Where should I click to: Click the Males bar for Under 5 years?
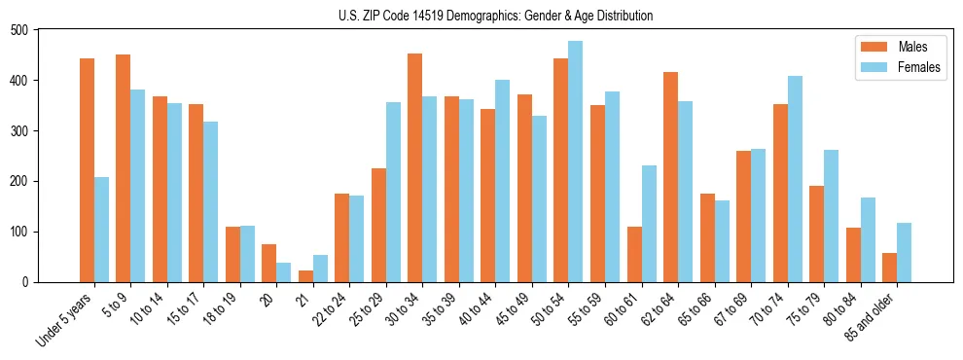(87, 170)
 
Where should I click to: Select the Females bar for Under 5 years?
(101, 230)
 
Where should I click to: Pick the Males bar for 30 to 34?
(415, 167)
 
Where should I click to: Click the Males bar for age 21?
(305, 276)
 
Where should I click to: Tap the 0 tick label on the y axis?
(26, 282)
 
